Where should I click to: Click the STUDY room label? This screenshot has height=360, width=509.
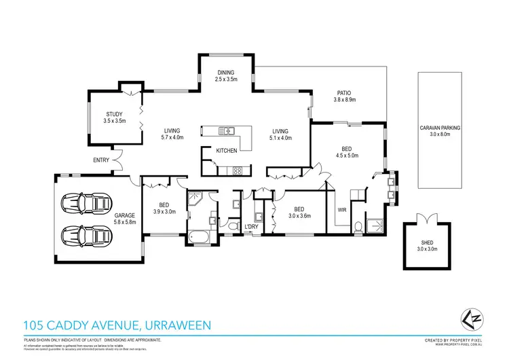tap(115, 114)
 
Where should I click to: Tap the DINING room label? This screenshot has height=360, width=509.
tap(226, 73)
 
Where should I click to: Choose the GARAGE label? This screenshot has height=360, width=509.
tap(125, 215)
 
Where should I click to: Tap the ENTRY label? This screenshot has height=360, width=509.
tap(102, 160)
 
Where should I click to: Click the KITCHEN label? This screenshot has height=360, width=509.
tap(226, 150)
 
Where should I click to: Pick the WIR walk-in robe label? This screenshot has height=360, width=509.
tap(342, 211)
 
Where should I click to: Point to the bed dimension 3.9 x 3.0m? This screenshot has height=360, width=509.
tap(164, 211)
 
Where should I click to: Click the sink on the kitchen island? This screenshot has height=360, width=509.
tap(228, 130)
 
